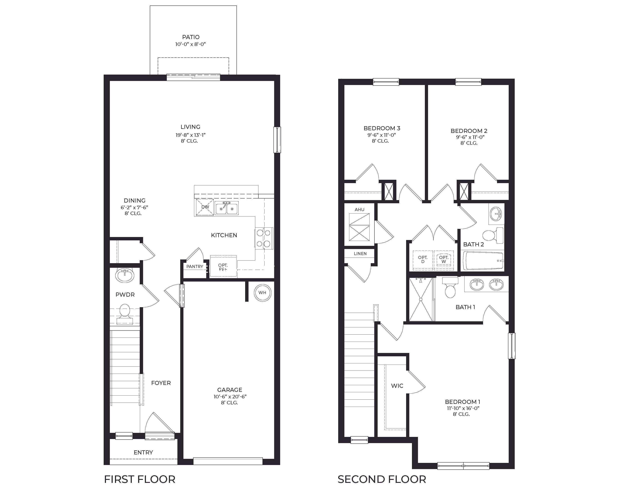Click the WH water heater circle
[x=262, y=293]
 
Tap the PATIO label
[x=191, y=37]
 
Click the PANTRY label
[x=195, y=266]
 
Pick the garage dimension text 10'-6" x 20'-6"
[x=230, y=396]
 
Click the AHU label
[x=359, y=209]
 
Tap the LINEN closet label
[x=360, y=253]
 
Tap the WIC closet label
[x=397, y=386]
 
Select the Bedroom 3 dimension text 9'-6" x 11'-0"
[x=382, y=135]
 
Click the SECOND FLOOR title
[x=382, y=479]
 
